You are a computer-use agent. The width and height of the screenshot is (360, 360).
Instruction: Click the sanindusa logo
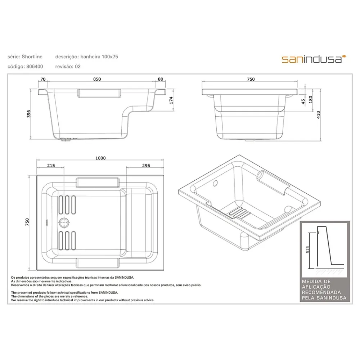coord(314,59)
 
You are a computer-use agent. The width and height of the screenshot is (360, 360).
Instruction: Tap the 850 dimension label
coord(97,79)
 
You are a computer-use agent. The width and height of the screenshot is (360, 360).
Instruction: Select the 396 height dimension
coord(29,114)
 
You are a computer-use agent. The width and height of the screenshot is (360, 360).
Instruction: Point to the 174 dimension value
coord(171,100)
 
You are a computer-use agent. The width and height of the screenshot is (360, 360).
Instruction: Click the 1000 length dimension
coord(100,158)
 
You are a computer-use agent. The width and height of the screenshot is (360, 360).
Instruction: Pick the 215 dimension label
coord(51,166)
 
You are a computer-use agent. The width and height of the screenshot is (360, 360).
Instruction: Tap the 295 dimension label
coord(146,166)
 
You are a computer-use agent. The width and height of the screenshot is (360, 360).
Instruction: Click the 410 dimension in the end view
coord(318,114)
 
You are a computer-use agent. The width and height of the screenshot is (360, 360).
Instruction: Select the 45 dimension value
coord(303,101)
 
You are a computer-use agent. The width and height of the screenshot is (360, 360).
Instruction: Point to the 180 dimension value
coord(311,99)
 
